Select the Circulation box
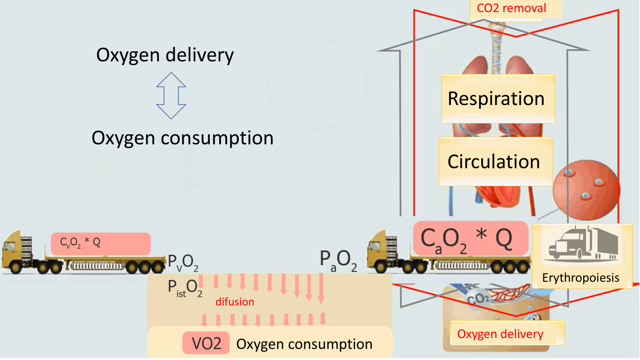point(495,162)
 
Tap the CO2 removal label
point(512,8)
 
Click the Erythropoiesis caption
point(581,278)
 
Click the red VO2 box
point(206,343)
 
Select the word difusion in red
point(235,302)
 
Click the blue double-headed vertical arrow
point(171,96)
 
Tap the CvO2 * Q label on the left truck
point(80,242)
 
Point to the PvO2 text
point(183,262)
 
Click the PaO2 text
point(338,260)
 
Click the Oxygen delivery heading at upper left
point(165,55)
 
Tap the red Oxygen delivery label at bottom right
point(500,334)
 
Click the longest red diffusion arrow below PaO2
point(321,288)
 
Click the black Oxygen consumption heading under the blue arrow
point(182,138)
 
